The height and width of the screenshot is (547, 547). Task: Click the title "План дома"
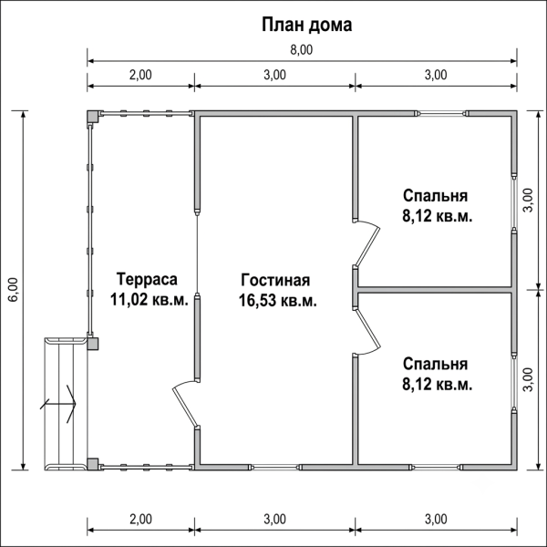click(307, 26)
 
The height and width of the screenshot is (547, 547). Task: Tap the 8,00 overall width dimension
click(302, 50)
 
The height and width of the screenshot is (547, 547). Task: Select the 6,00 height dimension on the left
click(14, 290)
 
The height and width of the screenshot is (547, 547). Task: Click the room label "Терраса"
click(147, 279)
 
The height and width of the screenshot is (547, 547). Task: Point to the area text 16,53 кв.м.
click(278, 300)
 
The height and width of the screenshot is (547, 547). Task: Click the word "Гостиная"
click(275, 280)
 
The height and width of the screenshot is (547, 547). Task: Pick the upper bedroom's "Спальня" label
click(436, 196)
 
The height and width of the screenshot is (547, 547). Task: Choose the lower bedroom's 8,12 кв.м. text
click(438, 385)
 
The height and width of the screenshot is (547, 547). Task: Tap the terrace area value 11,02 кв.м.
click(150, 299)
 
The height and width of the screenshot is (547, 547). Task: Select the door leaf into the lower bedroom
click(367, 328)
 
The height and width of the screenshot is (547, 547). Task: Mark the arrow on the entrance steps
click(58, 404)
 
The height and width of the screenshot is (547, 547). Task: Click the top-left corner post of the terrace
click(93, 117)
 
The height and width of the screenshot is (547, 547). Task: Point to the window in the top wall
click(441, 113)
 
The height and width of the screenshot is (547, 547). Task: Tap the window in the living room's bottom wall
click(275, 467)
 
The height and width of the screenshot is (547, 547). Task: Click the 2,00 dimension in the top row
click(140, 75)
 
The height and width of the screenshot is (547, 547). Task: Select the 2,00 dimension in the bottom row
click(140, 520)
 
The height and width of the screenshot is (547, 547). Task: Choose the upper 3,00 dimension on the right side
click(529, 200)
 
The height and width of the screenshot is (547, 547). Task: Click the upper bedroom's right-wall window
click(514, 202)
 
